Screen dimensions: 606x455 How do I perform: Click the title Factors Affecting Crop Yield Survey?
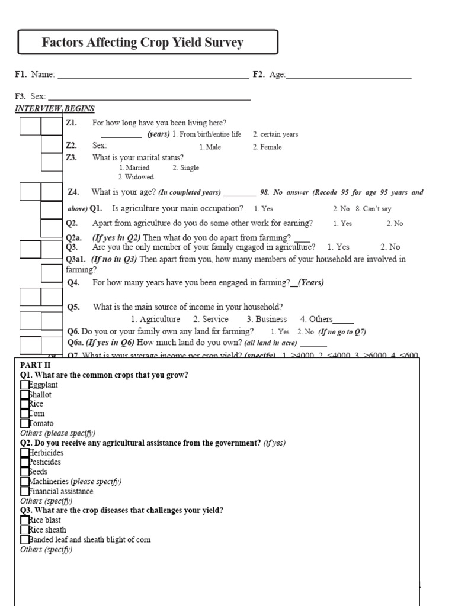(x=143, y=43)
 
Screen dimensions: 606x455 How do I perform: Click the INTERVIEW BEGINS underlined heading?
(x=55, y=109)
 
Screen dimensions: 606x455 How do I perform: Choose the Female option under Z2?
(x=267, y=147)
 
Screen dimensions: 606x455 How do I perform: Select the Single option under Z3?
(x=185, y=168)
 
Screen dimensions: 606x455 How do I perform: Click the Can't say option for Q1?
(x=373, y=209)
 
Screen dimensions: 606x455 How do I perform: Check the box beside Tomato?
(x=24, y=423)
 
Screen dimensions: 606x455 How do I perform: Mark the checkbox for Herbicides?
(x=24, y=452)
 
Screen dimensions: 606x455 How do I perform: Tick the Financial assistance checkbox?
(x=24, y=491)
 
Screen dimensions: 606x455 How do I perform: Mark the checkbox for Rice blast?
(x=24, y=520)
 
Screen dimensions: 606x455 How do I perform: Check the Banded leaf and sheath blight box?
(x=24, y=539)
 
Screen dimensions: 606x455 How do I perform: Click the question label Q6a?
(x=75, y=343)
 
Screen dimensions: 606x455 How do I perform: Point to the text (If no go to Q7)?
(x=342, y=332)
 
